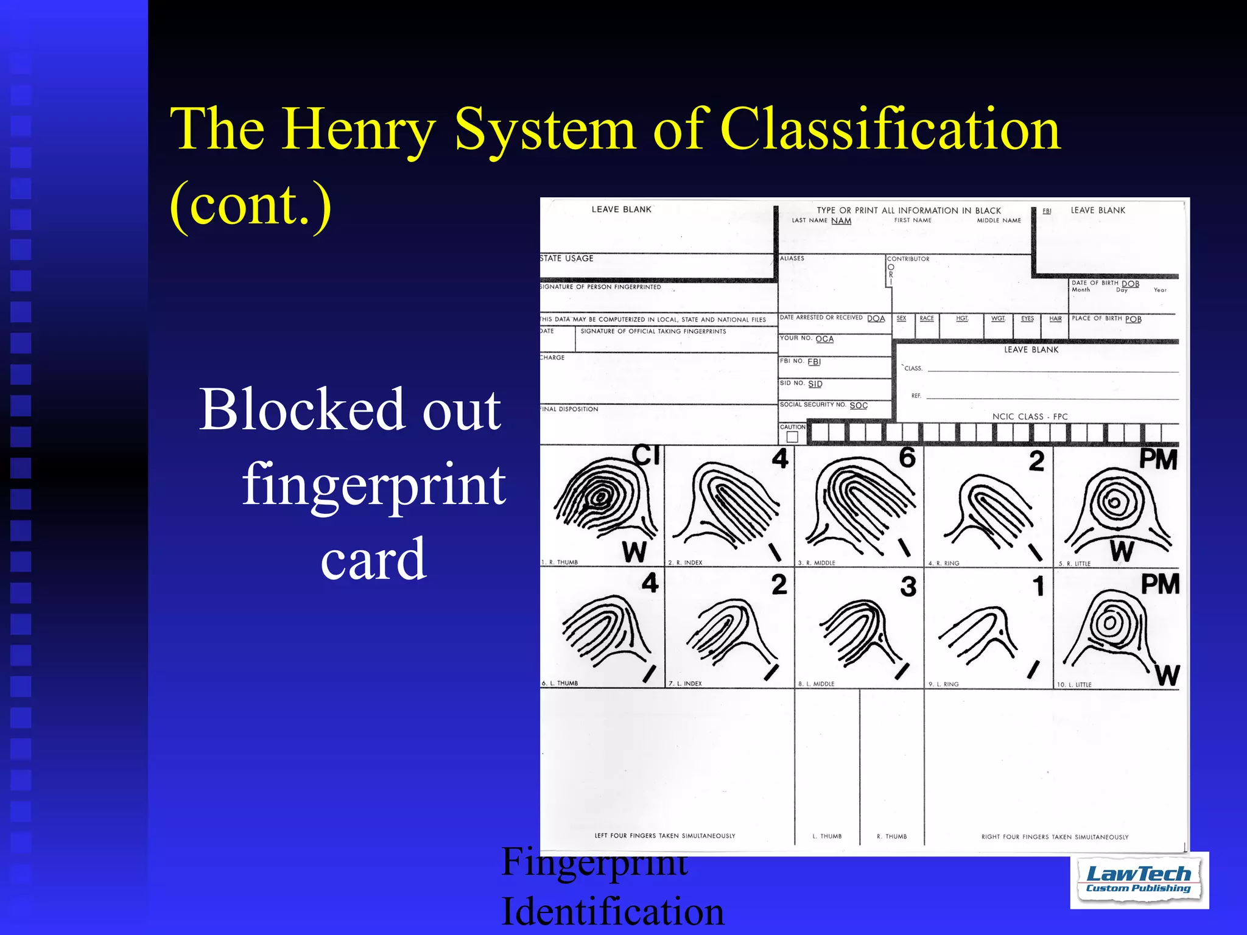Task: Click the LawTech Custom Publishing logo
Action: [x=1139, y=880]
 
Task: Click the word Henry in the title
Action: [x=359, y=130]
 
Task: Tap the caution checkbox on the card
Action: [x=792, y=436]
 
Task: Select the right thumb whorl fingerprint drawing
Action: [x=603, y=499]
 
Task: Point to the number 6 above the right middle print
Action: [x=907, y=457]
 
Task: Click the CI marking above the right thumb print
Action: [x=645, y=455]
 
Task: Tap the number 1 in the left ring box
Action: [x=1038, y=586]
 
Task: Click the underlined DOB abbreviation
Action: [x=1130, y=284]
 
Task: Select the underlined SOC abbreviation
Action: [x=859, y=405]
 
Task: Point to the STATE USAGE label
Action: [x=567, y=258]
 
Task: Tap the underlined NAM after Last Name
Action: [x=841, y=221]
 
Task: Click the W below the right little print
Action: [x=1122, y=551]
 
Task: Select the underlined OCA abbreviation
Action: [x=824, y=339]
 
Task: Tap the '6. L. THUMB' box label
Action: [x=560, y=683]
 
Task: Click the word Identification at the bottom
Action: [x=613, y=911]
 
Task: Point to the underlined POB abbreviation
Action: [x=1133, y=319]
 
